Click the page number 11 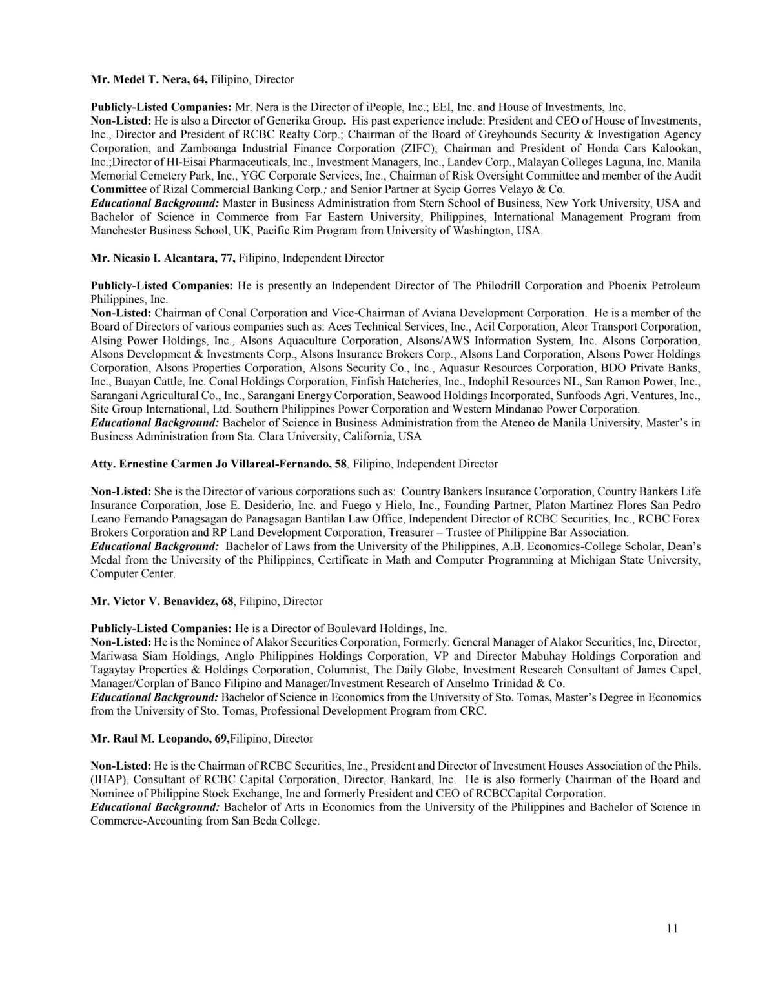(x=672, y=928)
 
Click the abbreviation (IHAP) (x=108, y=779)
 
